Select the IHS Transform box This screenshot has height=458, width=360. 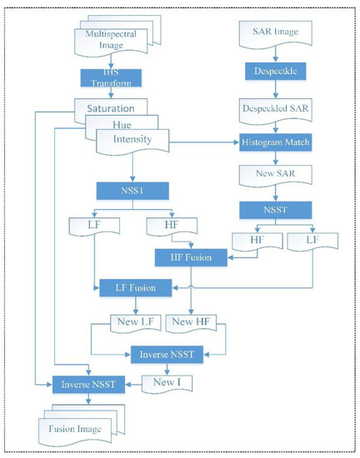coord(117,79)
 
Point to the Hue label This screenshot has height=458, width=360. coord(123,124)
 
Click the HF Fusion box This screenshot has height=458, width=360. coord(193,257)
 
